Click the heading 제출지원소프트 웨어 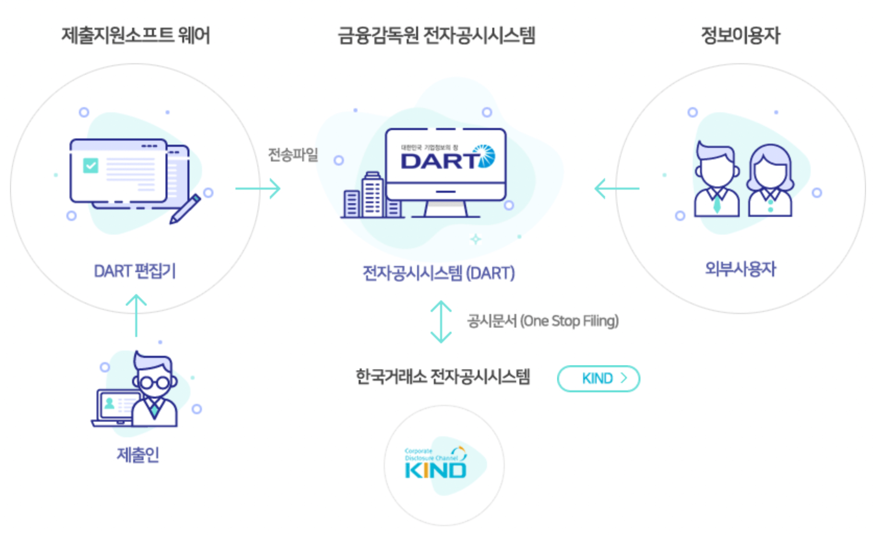tap(136, 36)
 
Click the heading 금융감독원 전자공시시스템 tap(436, 36)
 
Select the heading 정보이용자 tap(740, 36)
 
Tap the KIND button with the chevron tap(599, 379)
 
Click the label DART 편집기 tap(135, 271)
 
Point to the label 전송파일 tap(293, 155)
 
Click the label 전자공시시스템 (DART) tap(438, 273)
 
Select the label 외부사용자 tap(740, 269)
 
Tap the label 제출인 tap(138, 455)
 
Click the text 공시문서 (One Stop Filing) tap(543, 321)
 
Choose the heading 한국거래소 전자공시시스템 tap(443, 377)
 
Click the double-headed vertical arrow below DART tap(441, 321)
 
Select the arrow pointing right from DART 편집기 tap(258, 189)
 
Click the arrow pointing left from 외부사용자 tap(617, 189)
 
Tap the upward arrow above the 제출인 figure tap(136, 315)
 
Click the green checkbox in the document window tap(91, 166)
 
